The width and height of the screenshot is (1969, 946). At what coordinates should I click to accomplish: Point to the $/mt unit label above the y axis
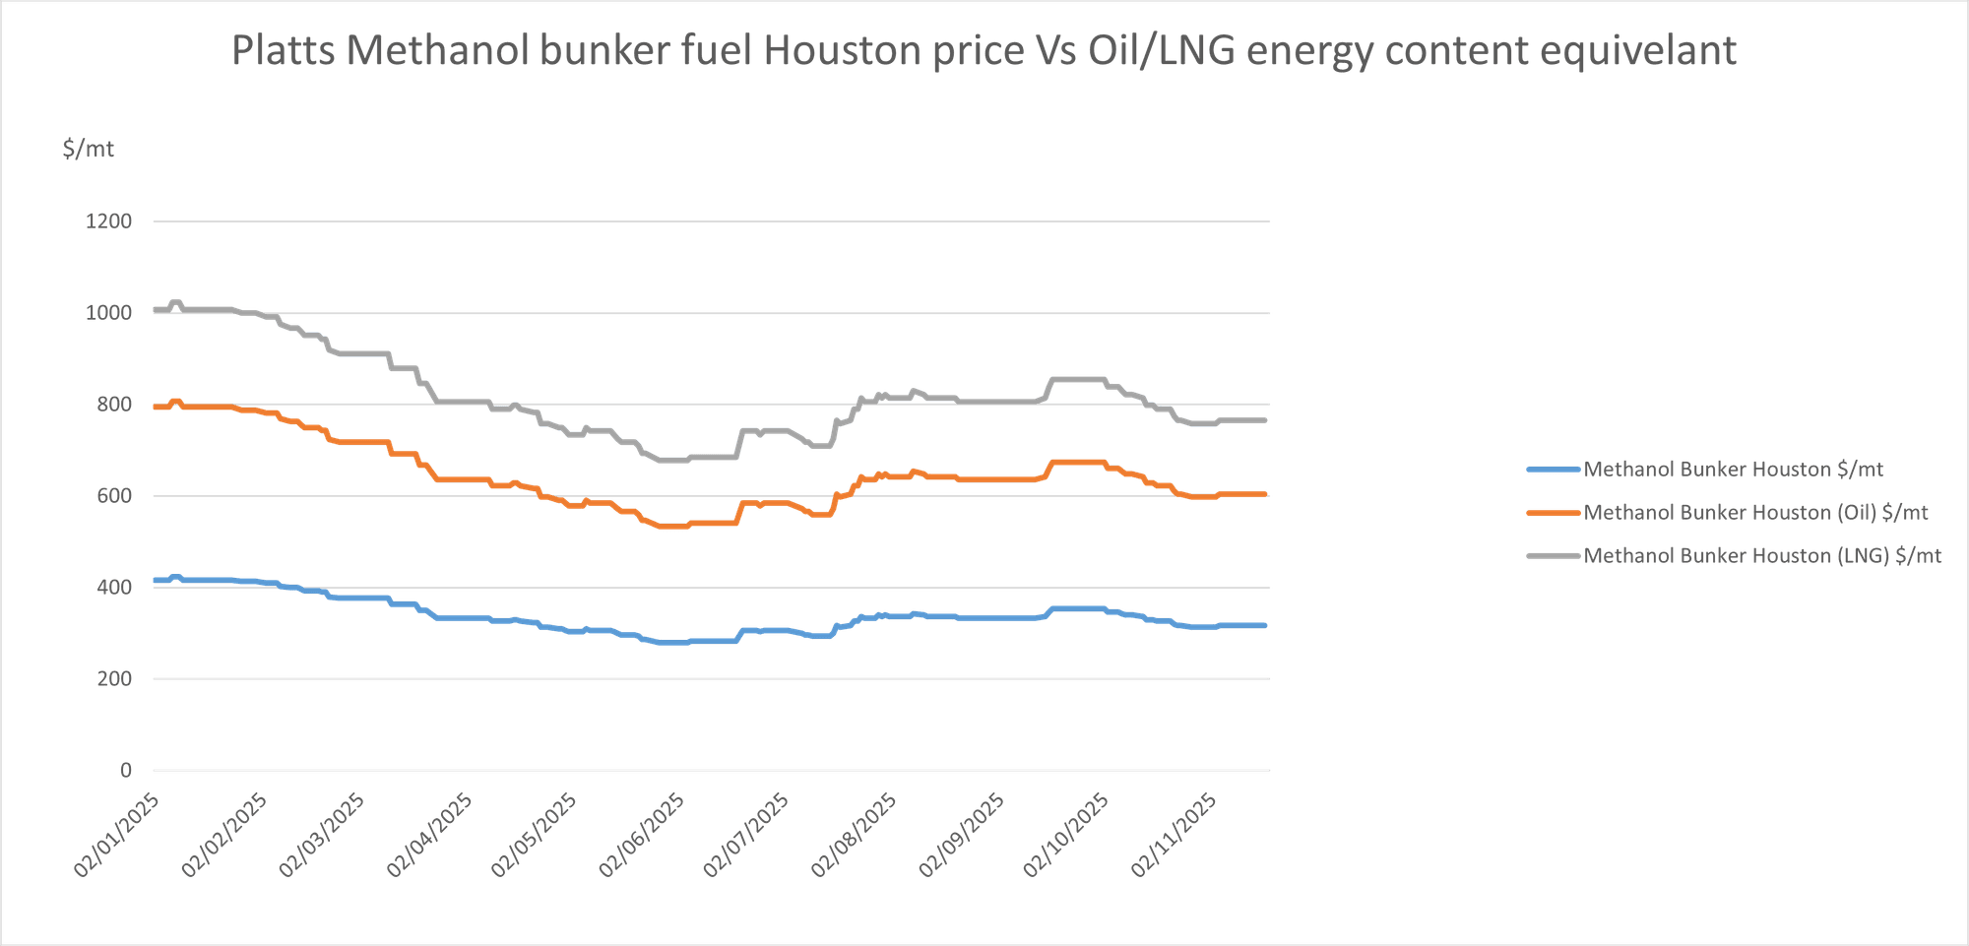[x=90, y=151]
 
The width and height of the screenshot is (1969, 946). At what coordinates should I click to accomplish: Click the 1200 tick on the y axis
[x=109, y=221]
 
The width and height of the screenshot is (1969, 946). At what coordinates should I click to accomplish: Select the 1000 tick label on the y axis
[x=109, y=313]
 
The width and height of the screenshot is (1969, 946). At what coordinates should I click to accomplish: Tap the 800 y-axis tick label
[x=114, y=404]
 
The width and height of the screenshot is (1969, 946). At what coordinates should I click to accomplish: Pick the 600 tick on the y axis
[x=114, y=495]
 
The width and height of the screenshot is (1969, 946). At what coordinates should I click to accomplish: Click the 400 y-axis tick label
[x=114, y=587]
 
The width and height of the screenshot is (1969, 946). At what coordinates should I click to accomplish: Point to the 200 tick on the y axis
[x=114, y=678]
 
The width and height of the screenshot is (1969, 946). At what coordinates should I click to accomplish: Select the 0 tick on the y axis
[x=125, y=769]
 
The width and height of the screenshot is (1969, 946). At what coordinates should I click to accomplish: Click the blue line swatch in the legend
[x=1551, y=470]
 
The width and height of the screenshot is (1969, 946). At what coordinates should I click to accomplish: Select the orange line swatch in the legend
[x=1551, y=512]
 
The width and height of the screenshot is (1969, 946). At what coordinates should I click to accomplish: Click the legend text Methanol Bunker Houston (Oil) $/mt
[x=1754, y=512]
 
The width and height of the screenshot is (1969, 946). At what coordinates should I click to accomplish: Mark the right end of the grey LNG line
[x=1268, y=420]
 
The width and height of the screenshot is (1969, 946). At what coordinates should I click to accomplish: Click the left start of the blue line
[x=154, y=579]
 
